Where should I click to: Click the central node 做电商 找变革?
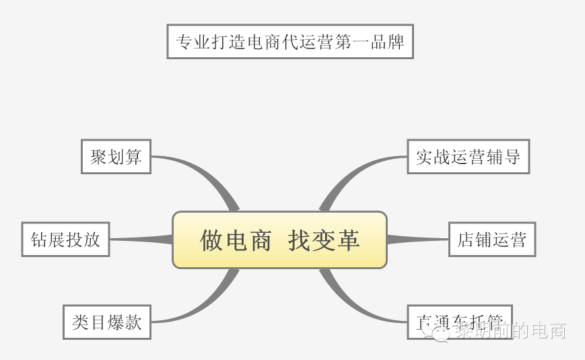tap(279, 240)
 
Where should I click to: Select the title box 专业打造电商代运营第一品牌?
tap(289, 42)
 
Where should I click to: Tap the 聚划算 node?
tap(116, 157)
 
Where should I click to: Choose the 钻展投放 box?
tap(65, 240)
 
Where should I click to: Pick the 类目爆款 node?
tap(106, 322)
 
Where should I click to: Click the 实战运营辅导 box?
tap(468, 157)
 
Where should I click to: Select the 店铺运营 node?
tap(491, 240)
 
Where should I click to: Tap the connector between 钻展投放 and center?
tap(141, 239)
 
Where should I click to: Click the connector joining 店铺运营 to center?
tap(417, 239)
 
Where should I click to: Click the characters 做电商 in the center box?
tap(236, 240)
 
